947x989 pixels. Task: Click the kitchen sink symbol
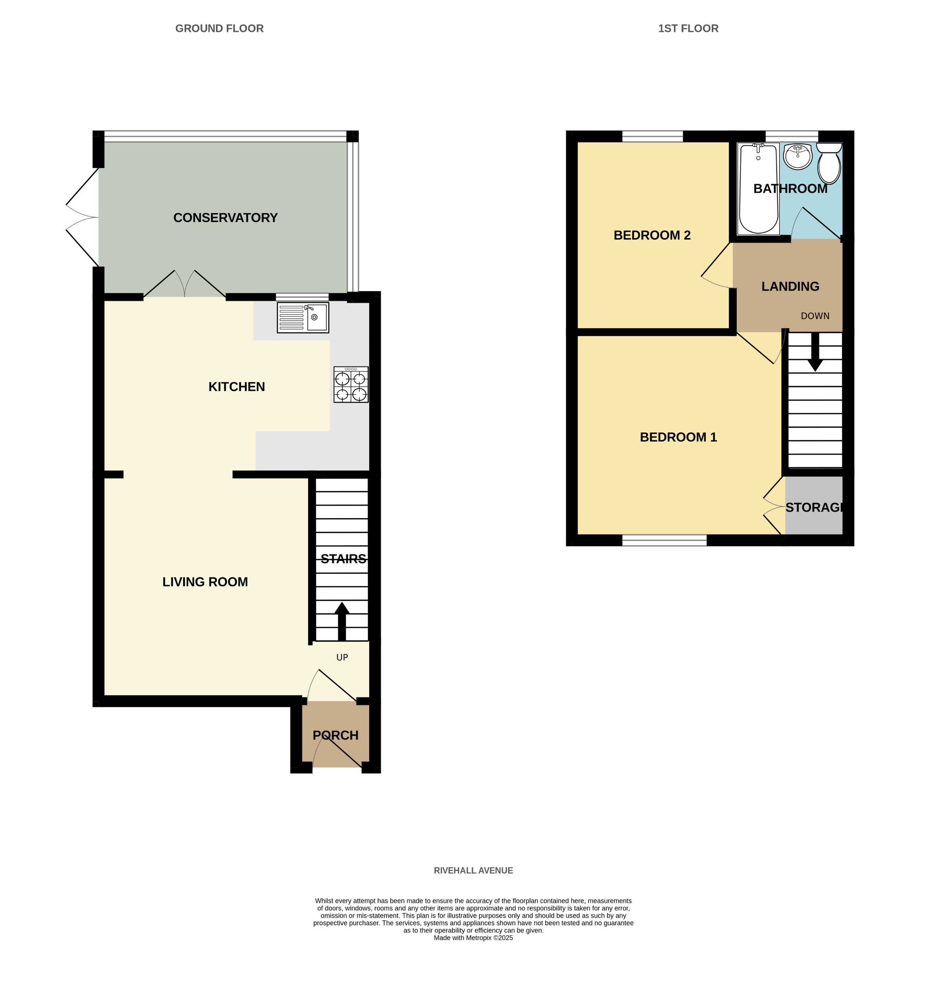pos(302,318)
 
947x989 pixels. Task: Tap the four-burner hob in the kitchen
pos(350,385)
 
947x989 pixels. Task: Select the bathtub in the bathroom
pos(758,189)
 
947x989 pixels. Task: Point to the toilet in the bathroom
pos(829,162)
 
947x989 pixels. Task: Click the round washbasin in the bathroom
pos(797,156)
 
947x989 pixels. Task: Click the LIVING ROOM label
pos(205,582)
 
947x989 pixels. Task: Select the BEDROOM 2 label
pos(652,235)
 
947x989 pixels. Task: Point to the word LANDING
pos(790,286)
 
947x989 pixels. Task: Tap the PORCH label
pos(335,735)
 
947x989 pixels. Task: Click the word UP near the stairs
pos(342,657)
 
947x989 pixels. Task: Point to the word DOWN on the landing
pos(814,316)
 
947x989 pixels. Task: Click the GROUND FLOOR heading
pos(219,28)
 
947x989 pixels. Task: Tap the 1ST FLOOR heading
pos(688,28)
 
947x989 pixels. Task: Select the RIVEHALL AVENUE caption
pos(473,870)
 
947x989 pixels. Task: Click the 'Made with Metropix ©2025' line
pos(473,938)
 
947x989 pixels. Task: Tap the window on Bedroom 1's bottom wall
pos(664,540)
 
